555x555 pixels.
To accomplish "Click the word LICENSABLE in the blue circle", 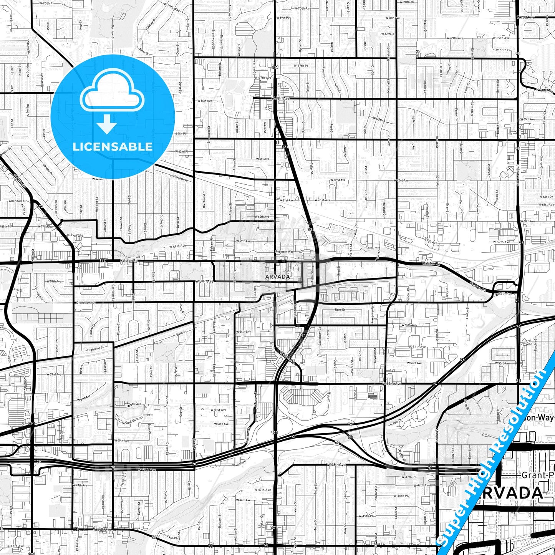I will (x=113, y=147).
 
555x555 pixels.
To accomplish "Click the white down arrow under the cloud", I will (x=107, y=125).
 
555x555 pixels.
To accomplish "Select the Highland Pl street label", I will (x=95, y=348).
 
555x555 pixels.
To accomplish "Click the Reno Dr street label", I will (x=340, y=309).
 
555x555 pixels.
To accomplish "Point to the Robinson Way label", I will (x=284, y=252).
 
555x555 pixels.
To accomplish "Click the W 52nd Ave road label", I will (x=392, y=384).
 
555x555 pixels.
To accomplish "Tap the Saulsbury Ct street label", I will (x=320, y=337).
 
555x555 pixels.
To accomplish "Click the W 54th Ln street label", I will (x=242, y=331).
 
